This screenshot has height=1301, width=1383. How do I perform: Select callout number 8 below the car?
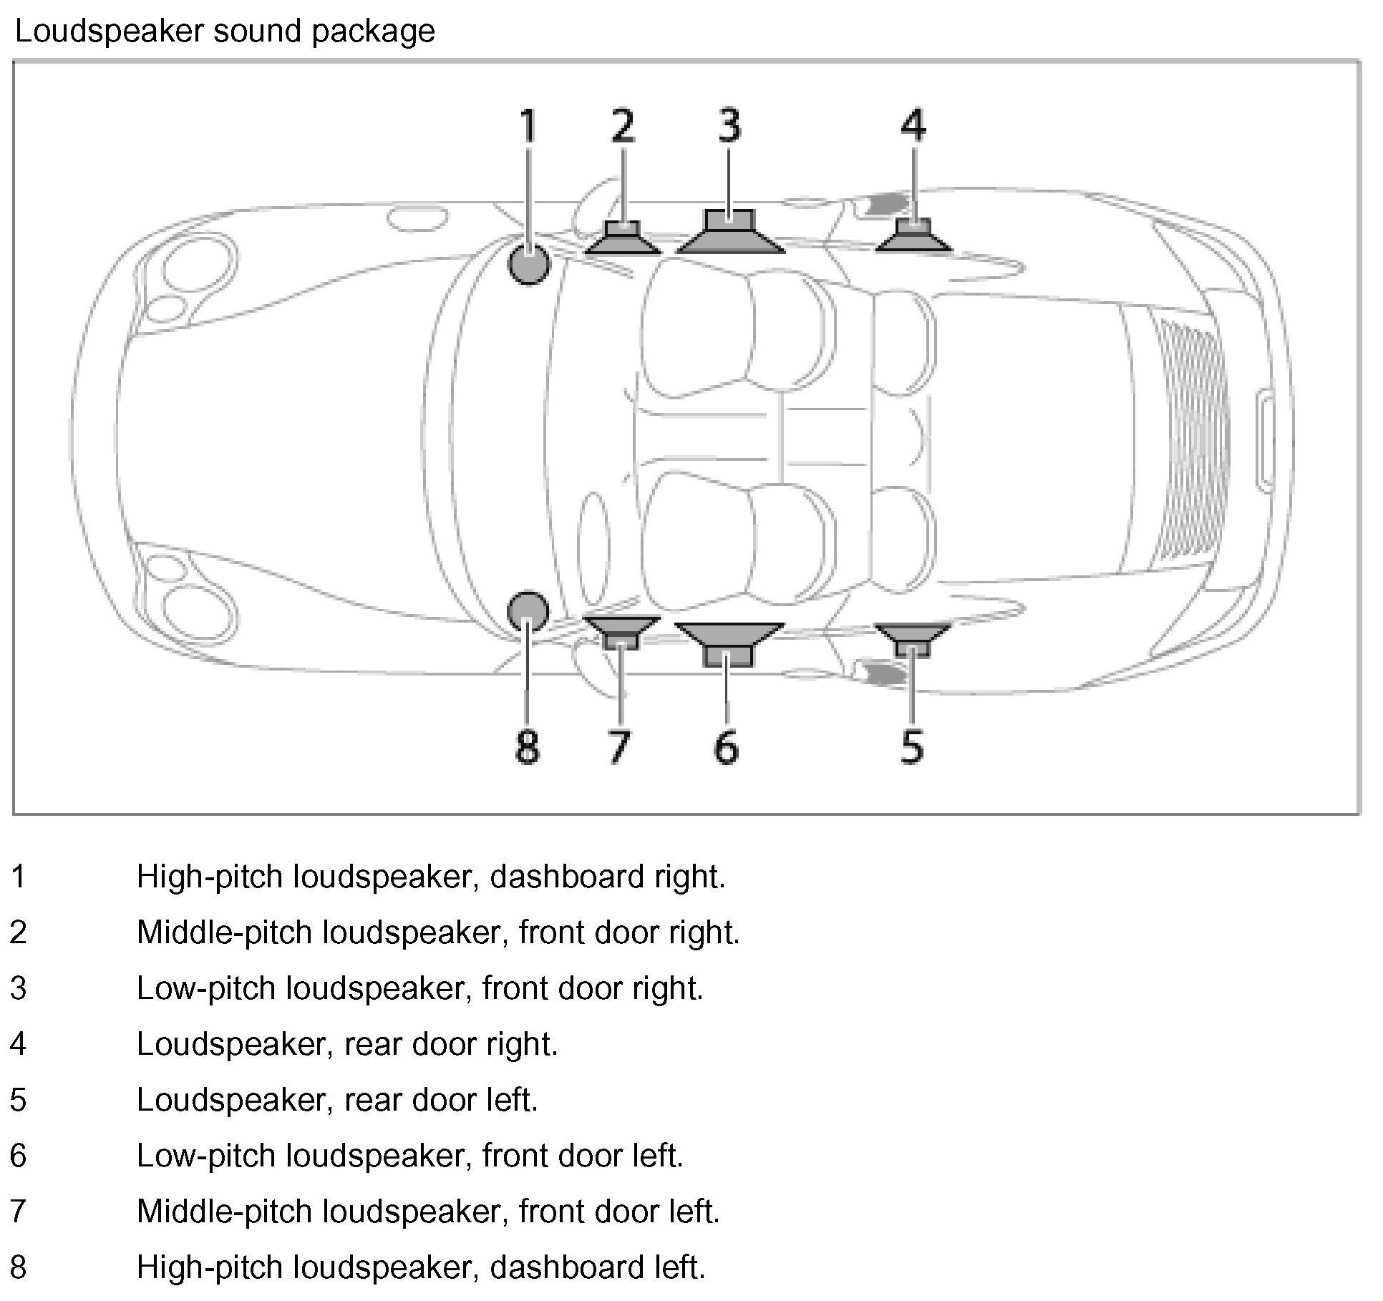(x=527, y=747)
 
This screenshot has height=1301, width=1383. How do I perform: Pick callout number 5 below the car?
(x=912, y=747)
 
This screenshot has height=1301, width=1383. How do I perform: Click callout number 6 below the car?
(x=726, y=747)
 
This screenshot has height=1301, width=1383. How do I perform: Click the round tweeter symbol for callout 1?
(x=529, y=263)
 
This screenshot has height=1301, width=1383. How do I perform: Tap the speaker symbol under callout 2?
(x=622, y=239)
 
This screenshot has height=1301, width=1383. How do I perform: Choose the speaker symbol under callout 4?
(x=914, y=238)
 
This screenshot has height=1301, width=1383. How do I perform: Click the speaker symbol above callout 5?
(x=913, y=639)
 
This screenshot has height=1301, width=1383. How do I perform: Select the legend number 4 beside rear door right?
(x=18, y=1044)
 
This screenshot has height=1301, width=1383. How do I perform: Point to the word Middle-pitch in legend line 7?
(x=225, y=1212)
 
